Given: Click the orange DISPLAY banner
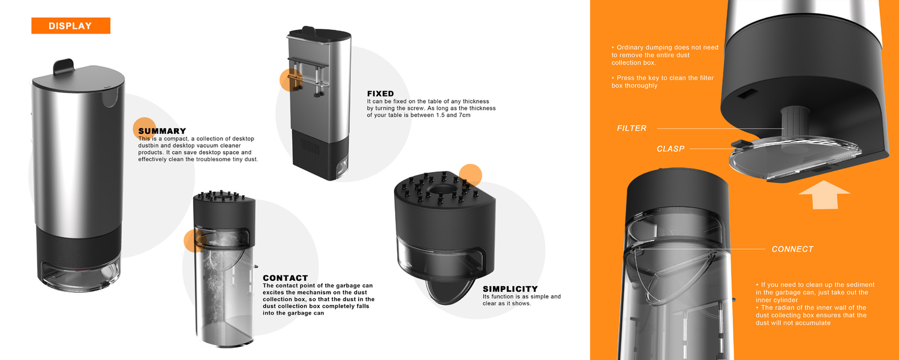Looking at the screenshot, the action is pyautogui.click(x=71, y=26).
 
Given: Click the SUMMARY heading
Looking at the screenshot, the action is pyautogui.click(x=162, y=131).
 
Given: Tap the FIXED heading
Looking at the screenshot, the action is pyautogui.click(x=380, y=94).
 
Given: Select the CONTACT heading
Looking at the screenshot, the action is pyautogui.click(x=285, y=278).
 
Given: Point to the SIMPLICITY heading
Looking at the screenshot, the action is pyautogui.click(x=510, y=289).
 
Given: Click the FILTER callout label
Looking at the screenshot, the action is pyautogui.click(x=632, y=128).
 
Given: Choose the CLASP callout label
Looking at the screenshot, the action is pyautogui.click(x=671, y=149).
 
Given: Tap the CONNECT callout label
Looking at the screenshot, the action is pyautogui.click(x=792, y=249).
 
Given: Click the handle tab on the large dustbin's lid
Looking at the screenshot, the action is pyautogui.click(x=64, y=67).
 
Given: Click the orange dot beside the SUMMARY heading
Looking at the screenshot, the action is pyautogui.click(x=144, y=128).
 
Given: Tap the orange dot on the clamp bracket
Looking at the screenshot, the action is pyautogui.click(x=291, y=80).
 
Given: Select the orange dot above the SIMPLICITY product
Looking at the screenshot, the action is pyautogui.click(x=470, y=175).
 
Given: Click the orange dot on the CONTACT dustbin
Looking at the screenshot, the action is pyautogui.click(x=195, y=241).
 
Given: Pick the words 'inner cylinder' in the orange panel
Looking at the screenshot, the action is pyautogui.click(x=777, y=300).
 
